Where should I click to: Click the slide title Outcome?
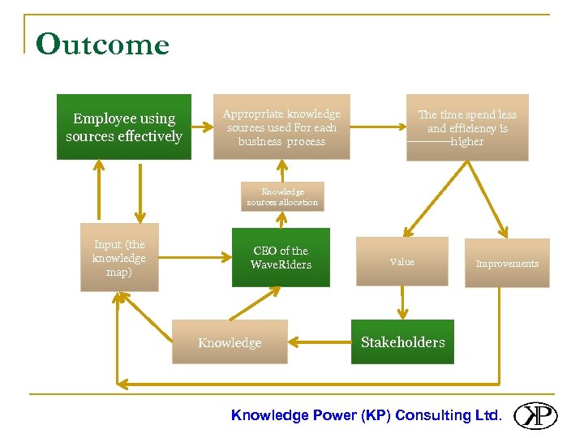[x=102, y=45]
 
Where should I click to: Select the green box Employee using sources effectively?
[x=123, y=127]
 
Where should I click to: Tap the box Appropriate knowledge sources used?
[x=281, y=127]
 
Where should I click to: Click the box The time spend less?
[x=466, y=127]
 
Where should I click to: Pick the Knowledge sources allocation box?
[x=282, y=196]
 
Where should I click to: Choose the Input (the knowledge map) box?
[x=119, y=257]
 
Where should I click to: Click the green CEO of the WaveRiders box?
[x=281, y=257]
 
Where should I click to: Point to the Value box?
[x=401, y=261]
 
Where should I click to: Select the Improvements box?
[x=506, y=263]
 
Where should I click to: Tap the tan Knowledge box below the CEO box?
[x=230, y=342]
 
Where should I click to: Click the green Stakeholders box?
[x=402, y=342]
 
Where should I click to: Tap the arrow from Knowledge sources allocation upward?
[x=282, y=170]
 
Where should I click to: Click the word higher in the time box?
[x=467, y=142]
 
